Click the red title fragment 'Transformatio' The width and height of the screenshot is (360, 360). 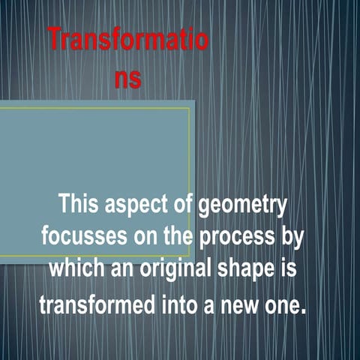(128, 40)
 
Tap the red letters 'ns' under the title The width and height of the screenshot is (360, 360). (128, 78)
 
